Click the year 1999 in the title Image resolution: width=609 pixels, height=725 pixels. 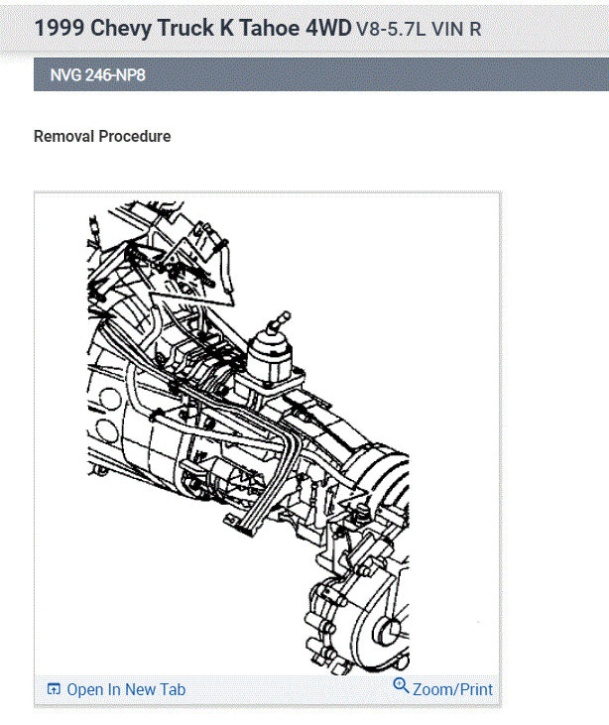tap(60, 28)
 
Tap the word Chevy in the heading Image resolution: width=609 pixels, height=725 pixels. tap(121, 29)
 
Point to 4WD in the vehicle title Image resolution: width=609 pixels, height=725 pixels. tap(328, 28)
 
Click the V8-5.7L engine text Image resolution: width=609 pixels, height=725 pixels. tap(391, 29)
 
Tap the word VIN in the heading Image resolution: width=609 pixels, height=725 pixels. tap(447, 29)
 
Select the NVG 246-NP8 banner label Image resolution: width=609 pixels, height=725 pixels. tap(97, 75)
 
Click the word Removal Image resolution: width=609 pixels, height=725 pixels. tap(63, 137)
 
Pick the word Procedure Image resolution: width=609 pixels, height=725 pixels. tap(135, 137)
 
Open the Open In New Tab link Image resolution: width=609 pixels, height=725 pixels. tap(126, 689)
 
